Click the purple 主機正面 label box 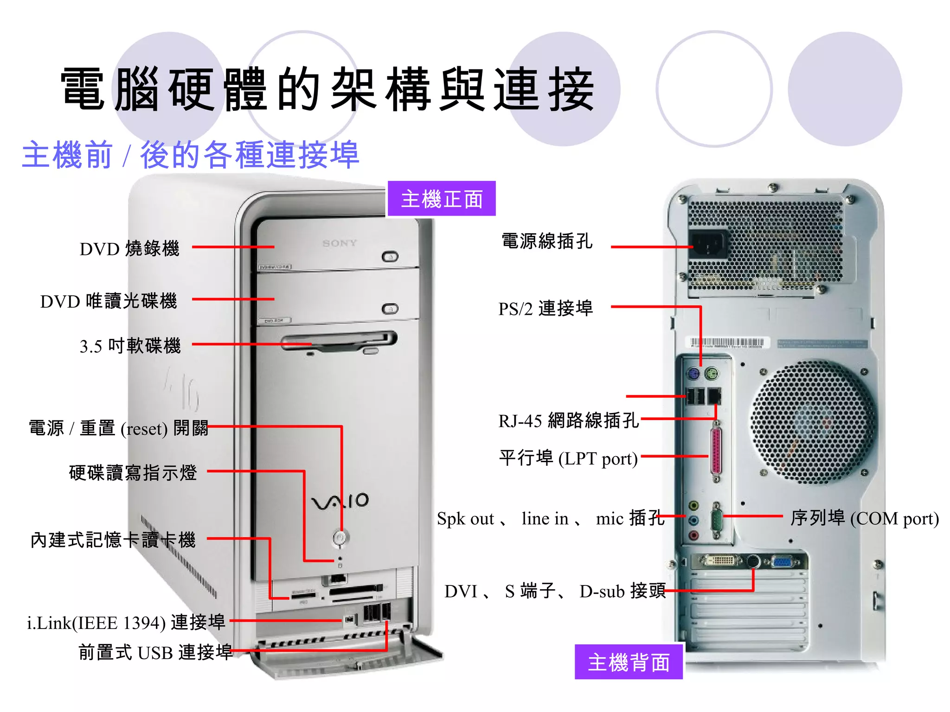click(x=441, y=199)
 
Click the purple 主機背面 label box click(x=628, y=662)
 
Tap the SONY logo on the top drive click(x=340, y=243)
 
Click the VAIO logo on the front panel click(x=340, y=501)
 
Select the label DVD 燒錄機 click(x=129, y=249)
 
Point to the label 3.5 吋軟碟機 click(x=130, y=346)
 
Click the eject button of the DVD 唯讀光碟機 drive click(x=390, y=309)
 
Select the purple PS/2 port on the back click(x=693, y=374)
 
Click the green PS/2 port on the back click(x=711, y=374)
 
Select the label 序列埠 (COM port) click(x=864, y=518)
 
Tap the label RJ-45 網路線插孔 click(x=568, y=420)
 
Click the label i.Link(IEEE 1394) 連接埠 click(x=126, y=623)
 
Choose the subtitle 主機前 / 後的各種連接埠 click(x=190, y=155)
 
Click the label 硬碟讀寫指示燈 click(x=133, y=473)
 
